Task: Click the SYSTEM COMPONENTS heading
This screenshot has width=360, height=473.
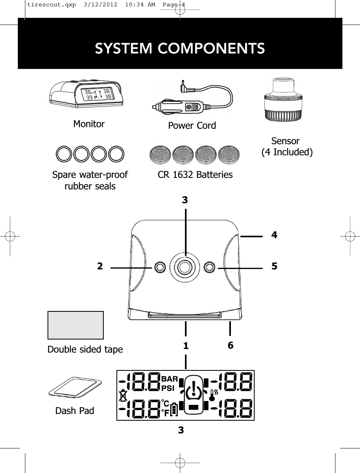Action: coord(180,48)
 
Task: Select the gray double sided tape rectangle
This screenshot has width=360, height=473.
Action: coord(75,325)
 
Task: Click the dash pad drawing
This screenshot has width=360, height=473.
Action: coord(75,387)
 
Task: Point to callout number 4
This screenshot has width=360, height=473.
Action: coord(274,235)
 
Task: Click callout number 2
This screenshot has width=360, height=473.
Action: coord(100,266)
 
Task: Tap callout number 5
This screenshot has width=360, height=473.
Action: coord(274,266)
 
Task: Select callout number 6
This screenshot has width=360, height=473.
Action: coord(230,345)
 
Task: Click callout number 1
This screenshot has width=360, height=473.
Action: coord(185,346)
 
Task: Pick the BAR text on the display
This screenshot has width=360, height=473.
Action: coord(170,379)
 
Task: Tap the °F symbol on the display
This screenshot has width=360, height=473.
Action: coord(165,412)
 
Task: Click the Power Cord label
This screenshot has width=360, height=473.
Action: coord(192,126)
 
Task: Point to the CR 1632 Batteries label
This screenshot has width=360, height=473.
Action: coord(195,174)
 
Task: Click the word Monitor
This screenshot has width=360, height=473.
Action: coord(89,124)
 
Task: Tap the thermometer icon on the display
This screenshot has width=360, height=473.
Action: coord(214,395)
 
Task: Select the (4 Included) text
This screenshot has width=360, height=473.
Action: coord(287,152)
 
